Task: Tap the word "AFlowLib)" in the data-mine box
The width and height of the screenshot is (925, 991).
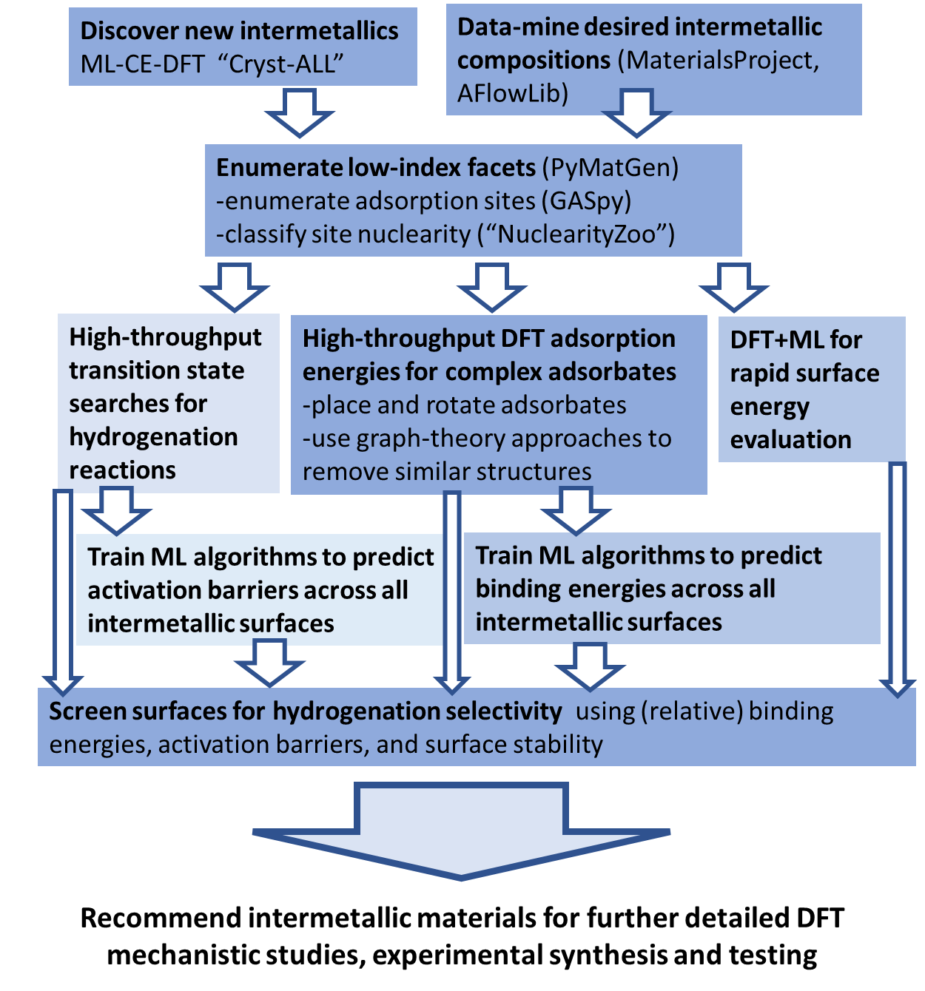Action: pyautogui.click(x=512, y=93)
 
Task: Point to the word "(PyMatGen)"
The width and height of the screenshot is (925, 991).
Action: pyautogui.click(x=610, y=167)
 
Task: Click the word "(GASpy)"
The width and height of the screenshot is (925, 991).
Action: pyautogui.click(x=586, y=200)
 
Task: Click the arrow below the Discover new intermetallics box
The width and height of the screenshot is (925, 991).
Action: pyautogui.click(x=300, y=112)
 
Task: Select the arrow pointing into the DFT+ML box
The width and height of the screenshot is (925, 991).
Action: pyautogui.click(x=734, y=287)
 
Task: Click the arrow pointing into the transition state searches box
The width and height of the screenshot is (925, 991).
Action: pyautogui.click(x=235, y=287)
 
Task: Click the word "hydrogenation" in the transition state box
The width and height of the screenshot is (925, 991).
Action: pyautogui.click(x=153, y=436)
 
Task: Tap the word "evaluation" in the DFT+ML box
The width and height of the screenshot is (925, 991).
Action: pyautogui.click(x=790, y=439)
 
